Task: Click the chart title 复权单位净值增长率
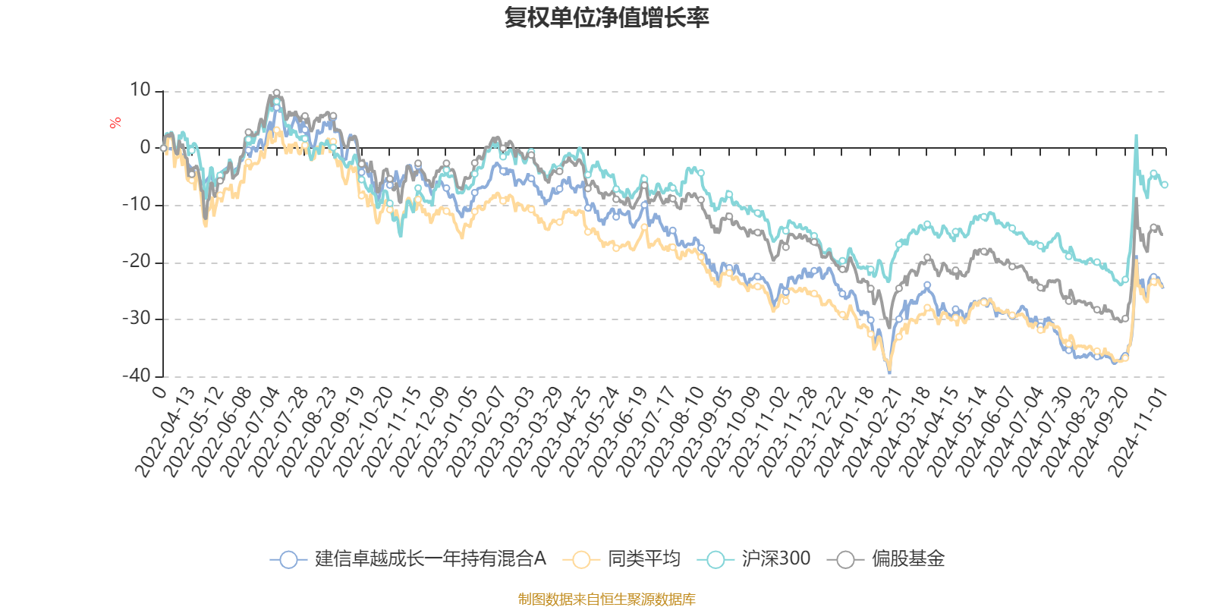coord(606,17)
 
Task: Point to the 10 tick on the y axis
coord(140,90)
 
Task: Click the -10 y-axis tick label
coord(137,205)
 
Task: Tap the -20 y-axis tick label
coord(137,262)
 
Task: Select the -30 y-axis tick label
coord(137,319)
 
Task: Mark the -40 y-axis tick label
coord(137,376)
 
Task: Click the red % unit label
coord(115,123)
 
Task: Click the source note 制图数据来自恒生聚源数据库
coord(606,599)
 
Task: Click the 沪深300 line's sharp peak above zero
coord(1136,137)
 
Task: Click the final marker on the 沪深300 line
coord(1165,184)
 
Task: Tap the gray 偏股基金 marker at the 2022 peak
coord(276,93)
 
